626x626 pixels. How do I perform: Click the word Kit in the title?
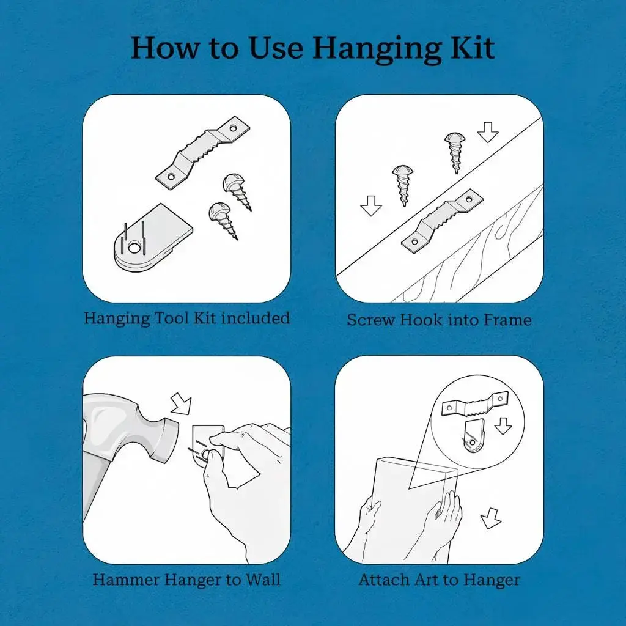pos(473,48)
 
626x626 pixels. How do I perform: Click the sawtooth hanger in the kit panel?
pos(202,152)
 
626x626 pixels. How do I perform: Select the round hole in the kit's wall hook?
pos(134,248)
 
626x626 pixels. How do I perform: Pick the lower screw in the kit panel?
pos(223,219)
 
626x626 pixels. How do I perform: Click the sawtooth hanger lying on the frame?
pos(442,221)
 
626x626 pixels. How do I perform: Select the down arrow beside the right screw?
pos(488,133)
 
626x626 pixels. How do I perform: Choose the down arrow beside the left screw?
pos(371,205)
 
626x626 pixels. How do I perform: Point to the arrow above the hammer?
pos(181,405)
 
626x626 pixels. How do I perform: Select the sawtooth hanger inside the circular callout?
pos(475,404)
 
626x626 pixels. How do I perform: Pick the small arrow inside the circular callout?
pos(503,426)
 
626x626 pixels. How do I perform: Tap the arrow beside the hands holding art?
pos(491,518)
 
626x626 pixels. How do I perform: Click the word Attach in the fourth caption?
pos(383,580)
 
